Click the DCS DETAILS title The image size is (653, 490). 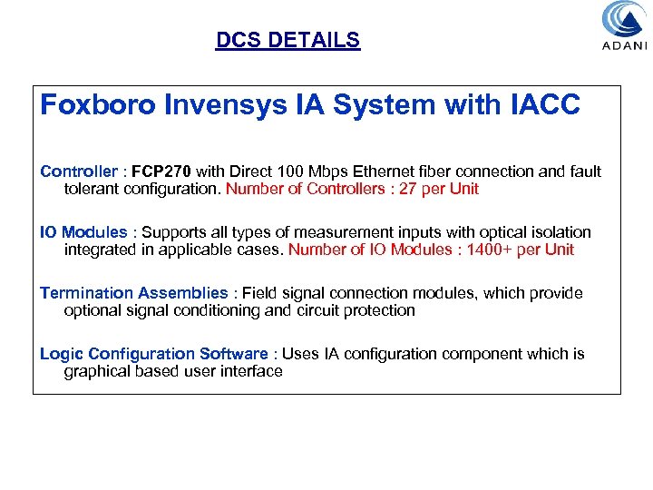pos(288,41)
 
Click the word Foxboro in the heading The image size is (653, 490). pos(98,106)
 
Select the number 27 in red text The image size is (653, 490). pos(398,189)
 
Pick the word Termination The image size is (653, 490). pos(86,293)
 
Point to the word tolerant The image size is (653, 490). pos(93,189)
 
